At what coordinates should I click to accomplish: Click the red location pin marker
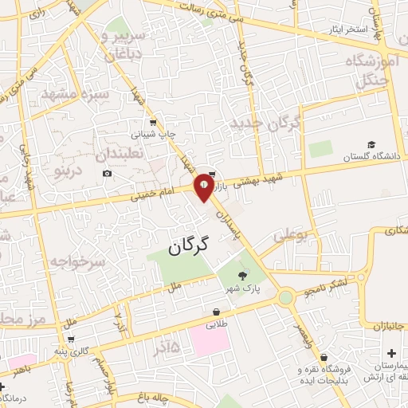tap(205, 187)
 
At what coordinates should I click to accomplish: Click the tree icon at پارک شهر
tap(231, 277)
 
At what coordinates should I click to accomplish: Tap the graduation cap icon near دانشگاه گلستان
tap(371, 146)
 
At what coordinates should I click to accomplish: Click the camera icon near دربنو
tap(107, 173)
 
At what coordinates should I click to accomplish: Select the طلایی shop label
tap(217, 325)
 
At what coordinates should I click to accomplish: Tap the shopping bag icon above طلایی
tap(217, 312)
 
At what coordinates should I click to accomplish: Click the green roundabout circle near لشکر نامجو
tap(284, 298)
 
